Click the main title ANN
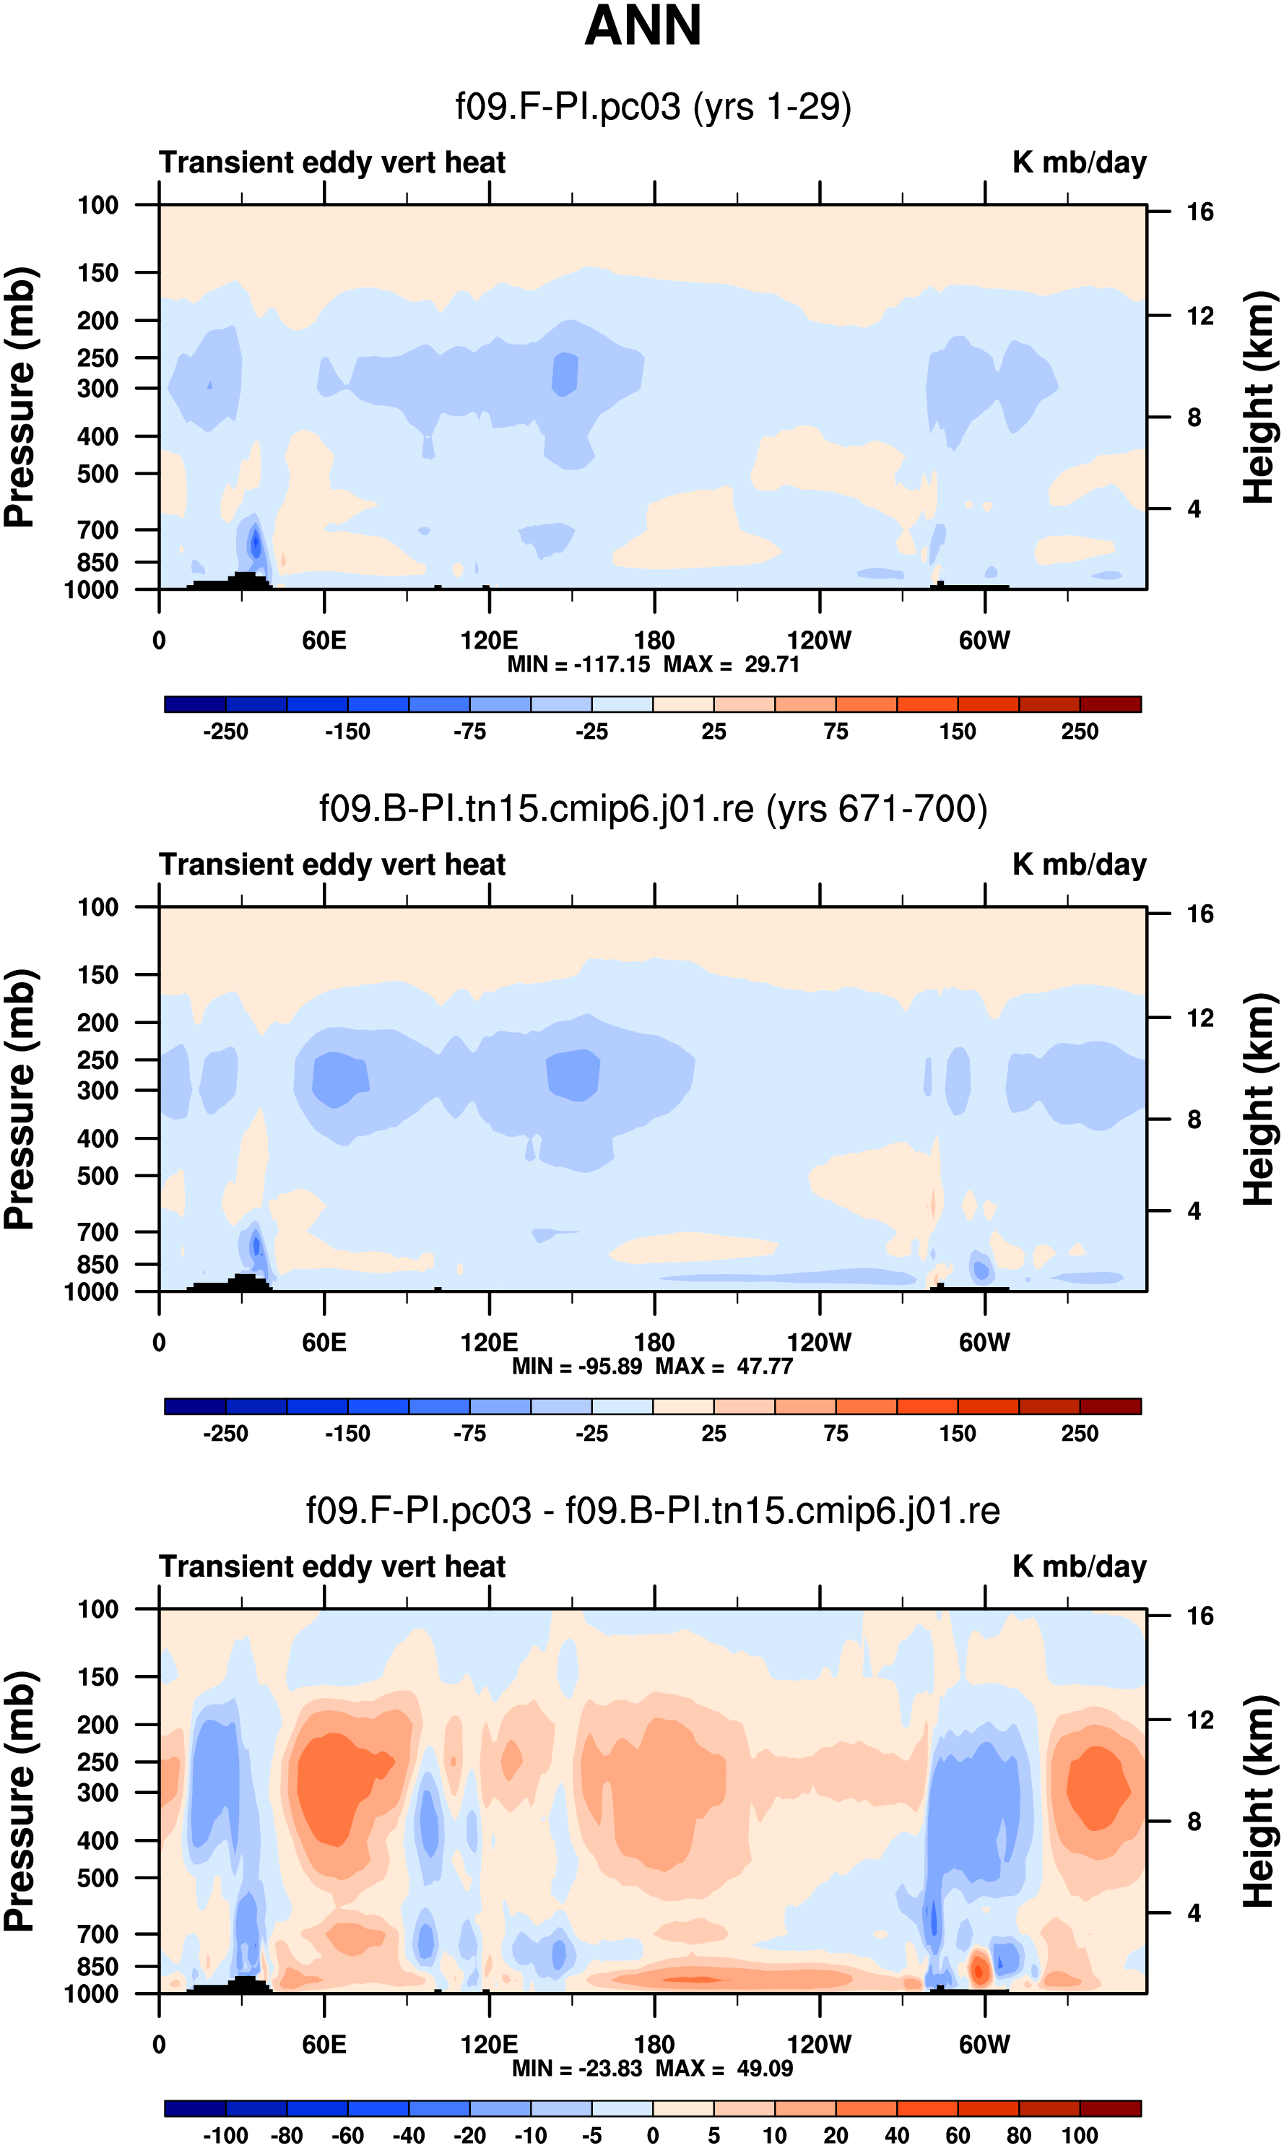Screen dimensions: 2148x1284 (x=642, y=26)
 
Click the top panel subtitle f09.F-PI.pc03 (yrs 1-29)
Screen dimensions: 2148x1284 (x=654, y=106)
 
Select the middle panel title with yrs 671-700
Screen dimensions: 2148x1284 (x=654, y=809)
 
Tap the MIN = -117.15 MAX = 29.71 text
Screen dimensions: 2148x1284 (x=654, y=664)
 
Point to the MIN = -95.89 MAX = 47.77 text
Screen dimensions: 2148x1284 (x=654, y=1366)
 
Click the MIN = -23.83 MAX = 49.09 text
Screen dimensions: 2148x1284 (x=654, y=2069)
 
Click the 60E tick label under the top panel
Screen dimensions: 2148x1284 (x=324, y=641)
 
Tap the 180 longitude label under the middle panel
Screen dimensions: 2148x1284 (x=654, y=1343)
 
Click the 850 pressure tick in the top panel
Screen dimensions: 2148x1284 (x=97, y=563)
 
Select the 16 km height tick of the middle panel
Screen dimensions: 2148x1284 (x=1200, y=914)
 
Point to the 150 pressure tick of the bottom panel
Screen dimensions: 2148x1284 (x=97, y=1677)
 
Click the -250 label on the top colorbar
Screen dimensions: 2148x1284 (x=225, y=732)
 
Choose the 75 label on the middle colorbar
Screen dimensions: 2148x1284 (x=835, y=1434)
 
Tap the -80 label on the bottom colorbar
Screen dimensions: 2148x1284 (x=287, y=2136)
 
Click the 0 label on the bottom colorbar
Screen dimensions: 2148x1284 (x=654, y=2136)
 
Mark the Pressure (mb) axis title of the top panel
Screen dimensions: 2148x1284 (x=19, y=397)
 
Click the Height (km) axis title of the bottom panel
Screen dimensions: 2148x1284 (x=1259, y=1802)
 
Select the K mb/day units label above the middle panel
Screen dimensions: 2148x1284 (x=1079, y=865)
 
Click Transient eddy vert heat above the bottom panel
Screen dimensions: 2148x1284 (x=332, y=1567)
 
